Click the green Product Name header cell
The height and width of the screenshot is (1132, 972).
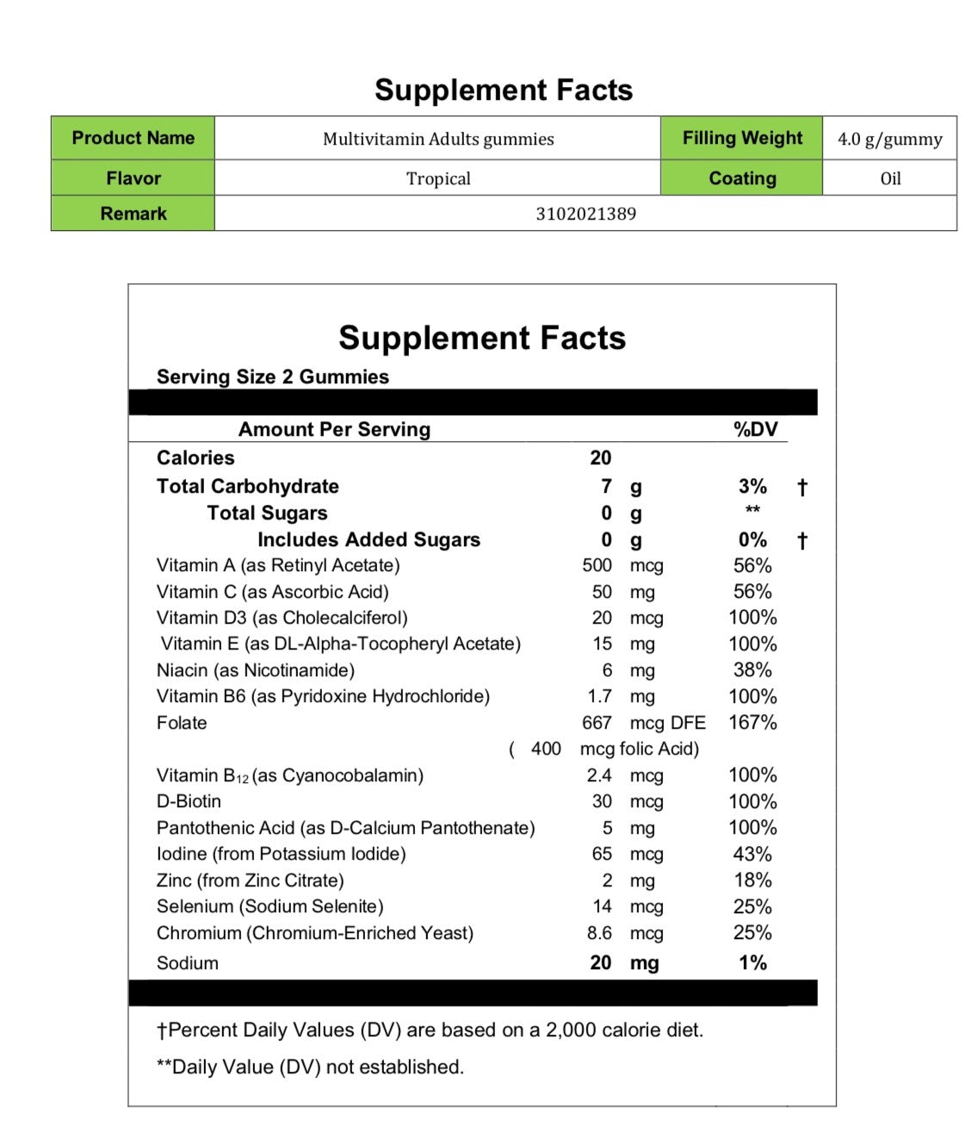tap(133, 138)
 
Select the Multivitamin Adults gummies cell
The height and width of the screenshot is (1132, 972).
tap(438, 139)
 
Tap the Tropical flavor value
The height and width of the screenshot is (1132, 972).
tap(438, 178)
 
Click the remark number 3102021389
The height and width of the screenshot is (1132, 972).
tap(585, 214)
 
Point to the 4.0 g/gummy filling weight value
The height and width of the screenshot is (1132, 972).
tap(889, 139)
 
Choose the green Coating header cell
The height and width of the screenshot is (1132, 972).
tap(741, 178)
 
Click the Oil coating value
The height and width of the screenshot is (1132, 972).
tap(890, 178)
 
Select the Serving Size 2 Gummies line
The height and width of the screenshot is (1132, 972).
tap(272, 376)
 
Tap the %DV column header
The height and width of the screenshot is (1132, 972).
tap(755, 429)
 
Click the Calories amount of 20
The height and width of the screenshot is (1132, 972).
tap(600, 457)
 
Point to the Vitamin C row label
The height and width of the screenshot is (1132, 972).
tap(272, 592)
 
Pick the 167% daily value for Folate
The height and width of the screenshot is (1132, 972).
tap(752, 723)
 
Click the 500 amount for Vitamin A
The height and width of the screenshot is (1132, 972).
tap(597, 566)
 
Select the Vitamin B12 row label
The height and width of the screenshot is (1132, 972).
tap(289, 775)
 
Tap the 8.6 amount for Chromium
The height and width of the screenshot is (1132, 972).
tap(599, 933)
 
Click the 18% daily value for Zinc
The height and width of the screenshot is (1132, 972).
tap(752, 880)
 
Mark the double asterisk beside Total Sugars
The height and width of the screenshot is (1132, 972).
tap(752, 511)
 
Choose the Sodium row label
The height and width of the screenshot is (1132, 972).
tap(187, 963)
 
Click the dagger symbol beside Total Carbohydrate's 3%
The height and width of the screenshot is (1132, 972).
tap(802, 488)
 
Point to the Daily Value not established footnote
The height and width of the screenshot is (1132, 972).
tap(310, 1067)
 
